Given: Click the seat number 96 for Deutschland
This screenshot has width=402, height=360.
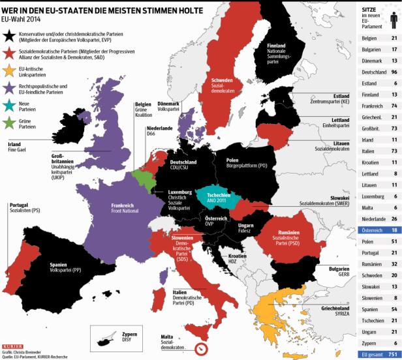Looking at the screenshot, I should (394, 89).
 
